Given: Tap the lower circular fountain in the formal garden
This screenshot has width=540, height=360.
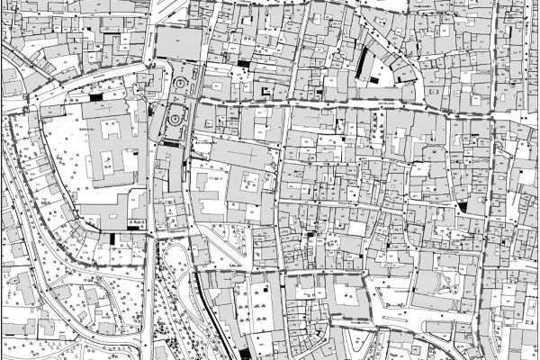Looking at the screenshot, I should point(174,115).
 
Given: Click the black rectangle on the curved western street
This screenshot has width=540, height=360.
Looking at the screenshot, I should point(96,95).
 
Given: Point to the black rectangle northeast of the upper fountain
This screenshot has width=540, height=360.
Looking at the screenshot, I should point(243,64).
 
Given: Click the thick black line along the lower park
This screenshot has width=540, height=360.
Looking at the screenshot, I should point(210,306).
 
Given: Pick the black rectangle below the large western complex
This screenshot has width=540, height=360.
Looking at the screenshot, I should point(112,238).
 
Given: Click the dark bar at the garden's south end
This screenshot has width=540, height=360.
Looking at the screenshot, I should point(170,142).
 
